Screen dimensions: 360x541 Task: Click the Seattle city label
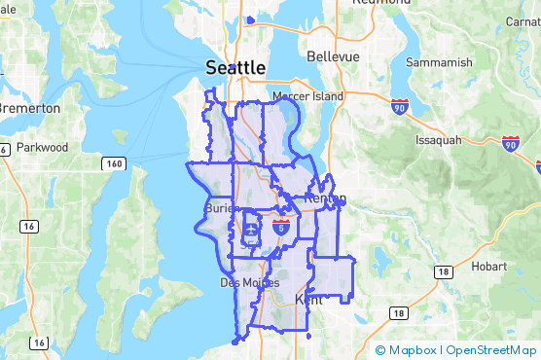[x=235, y=67]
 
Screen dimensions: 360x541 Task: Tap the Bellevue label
[x=333, y=56]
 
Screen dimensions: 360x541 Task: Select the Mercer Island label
[x=307, y=97]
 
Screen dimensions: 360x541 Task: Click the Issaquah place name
[x=437, y=140]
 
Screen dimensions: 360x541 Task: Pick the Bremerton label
[x=29, y=108]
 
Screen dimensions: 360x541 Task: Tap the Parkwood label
[x=42, y=147]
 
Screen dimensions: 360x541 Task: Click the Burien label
[x=218, y=208]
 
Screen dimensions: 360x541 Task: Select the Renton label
[x=325, y=198]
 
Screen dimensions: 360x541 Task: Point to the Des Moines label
[x=242, y=282]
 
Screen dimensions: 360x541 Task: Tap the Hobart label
[x=487, y=266]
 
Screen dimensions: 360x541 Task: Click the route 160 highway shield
[x=115, y=164]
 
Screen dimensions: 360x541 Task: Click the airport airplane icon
[x=251, y=232]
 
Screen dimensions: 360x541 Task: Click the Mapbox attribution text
[x=413, y=350]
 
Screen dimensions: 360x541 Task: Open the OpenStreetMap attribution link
[x=490, y=350]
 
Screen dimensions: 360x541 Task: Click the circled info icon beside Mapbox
[x=380, y=350]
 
